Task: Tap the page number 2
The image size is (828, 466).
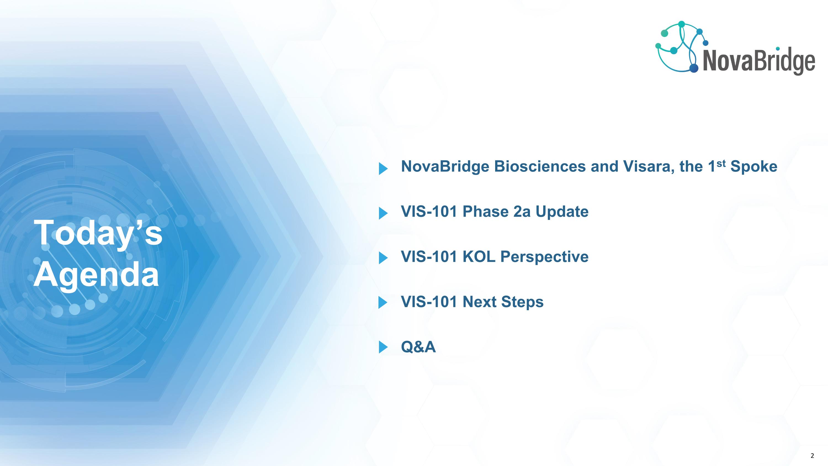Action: click(x=812, y=456)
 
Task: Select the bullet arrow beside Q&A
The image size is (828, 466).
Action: click(x=383, y=347)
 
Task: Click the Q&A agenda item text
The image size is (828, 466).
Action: click(x=418, y=347)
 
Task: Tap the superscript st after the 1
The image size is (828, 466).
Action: click(x=721, y=163)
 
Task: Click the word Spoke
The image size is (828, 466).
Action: click(x=753, y=167)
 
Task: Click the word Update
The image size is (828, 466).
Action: click(x=562, y=212)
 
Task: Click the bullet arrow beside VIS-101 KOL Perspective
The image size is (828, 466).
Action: click(x=383, y=258)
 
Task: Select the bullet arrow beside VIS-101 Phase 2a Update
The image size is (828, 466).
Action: click(x=383, y=213)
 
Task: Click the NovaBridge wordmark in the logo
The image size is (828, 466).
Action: click(x=758, y=62)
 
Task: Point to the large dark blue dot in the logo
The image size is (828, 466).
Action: click(x=694, y=68)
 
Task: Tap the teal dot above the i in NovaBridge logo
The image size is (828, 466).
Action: click(x=777, y=49)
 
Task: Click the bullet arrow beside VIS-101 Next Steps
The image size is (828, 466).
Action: click(x=383, y=303)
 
